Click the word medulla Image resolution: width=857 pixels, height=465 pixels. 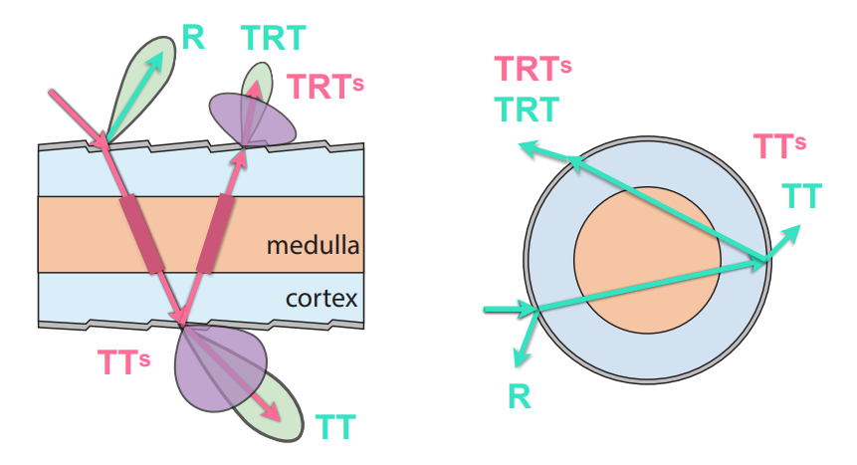tap(312, 244)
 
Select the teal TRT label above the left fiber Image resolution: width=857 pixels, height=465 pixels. tap(272, 38)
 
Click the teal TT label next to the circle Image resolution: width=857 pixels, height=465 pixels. tap(801, 196)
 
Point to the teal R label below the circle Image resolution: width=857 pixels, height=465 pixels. tap(519, 397)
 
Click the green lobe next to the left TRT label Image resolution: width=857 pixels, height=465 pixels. tap(259, 82)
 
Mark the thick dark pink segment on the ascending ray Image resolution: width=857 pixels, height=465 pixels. tap(215, 234)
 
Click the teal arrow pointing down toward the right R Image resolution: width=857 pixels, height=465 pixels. tap(523, 344)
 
